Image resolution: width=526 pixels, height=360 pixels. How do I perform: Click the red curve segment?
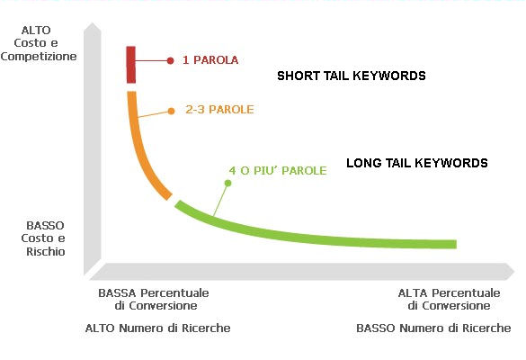pyautogui.click(x=131, y=65)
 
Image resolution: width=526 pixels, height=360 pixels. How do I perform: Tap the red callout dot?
pyautogui.click(x=171, y=60)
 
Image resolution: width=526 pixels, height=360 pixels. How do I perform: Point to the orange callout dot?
pyautogui.click(x=171, y=111)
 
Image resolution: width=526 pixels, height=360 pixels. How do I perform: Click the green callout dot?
pyautogui.click(x=227, y=183)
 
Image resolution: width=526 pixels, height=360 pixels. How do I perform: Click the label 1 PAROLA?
pyautogui.click(x=210, y=60)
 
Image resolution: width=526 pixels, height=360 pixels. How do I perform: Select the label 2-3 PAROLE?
pyautogui.click(x=219, y=110)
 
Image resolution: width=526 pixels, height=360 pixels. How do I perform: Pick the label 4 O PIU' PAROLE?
pyautogui.click(x=278, y=171)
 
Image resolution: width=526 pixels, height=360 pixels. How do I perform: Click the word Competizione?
pyautogui.click(x=39, y=56)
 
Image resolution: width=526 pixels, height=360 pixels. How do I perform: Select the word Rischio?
pyautogui.click(x=46, y=251)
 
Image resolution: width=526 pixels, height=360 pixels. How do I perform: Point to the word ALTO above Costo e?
pyautogui.click(x=36, y=31)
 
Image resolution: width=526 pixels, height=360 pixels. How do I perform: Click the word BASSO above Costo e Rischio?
pyautogui.click(x=45, y=225)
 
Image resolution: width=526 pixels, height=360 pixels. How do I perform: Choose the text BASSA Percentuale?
pyautogui.click(x=154, y=292)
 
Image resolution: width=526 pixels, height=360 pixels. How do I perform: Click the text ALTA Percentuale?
pyautogui.click(x=450, y=292)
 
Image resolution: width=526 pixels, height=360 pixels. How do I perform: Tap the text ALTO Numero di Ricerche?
pyautogui.click(x=157, y=328)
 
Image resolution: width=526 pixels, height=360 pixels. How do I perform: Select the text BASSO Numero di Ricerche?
pyautogui.click(x=433, y=328)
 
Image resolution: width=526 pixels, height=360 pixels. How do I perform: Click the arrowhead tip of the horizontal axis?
pyautogui.click(x=514, y=271)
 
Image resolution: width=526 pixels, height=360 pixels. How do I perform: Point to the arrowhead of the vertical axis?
pyautogui.click(x=93, y=23)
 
